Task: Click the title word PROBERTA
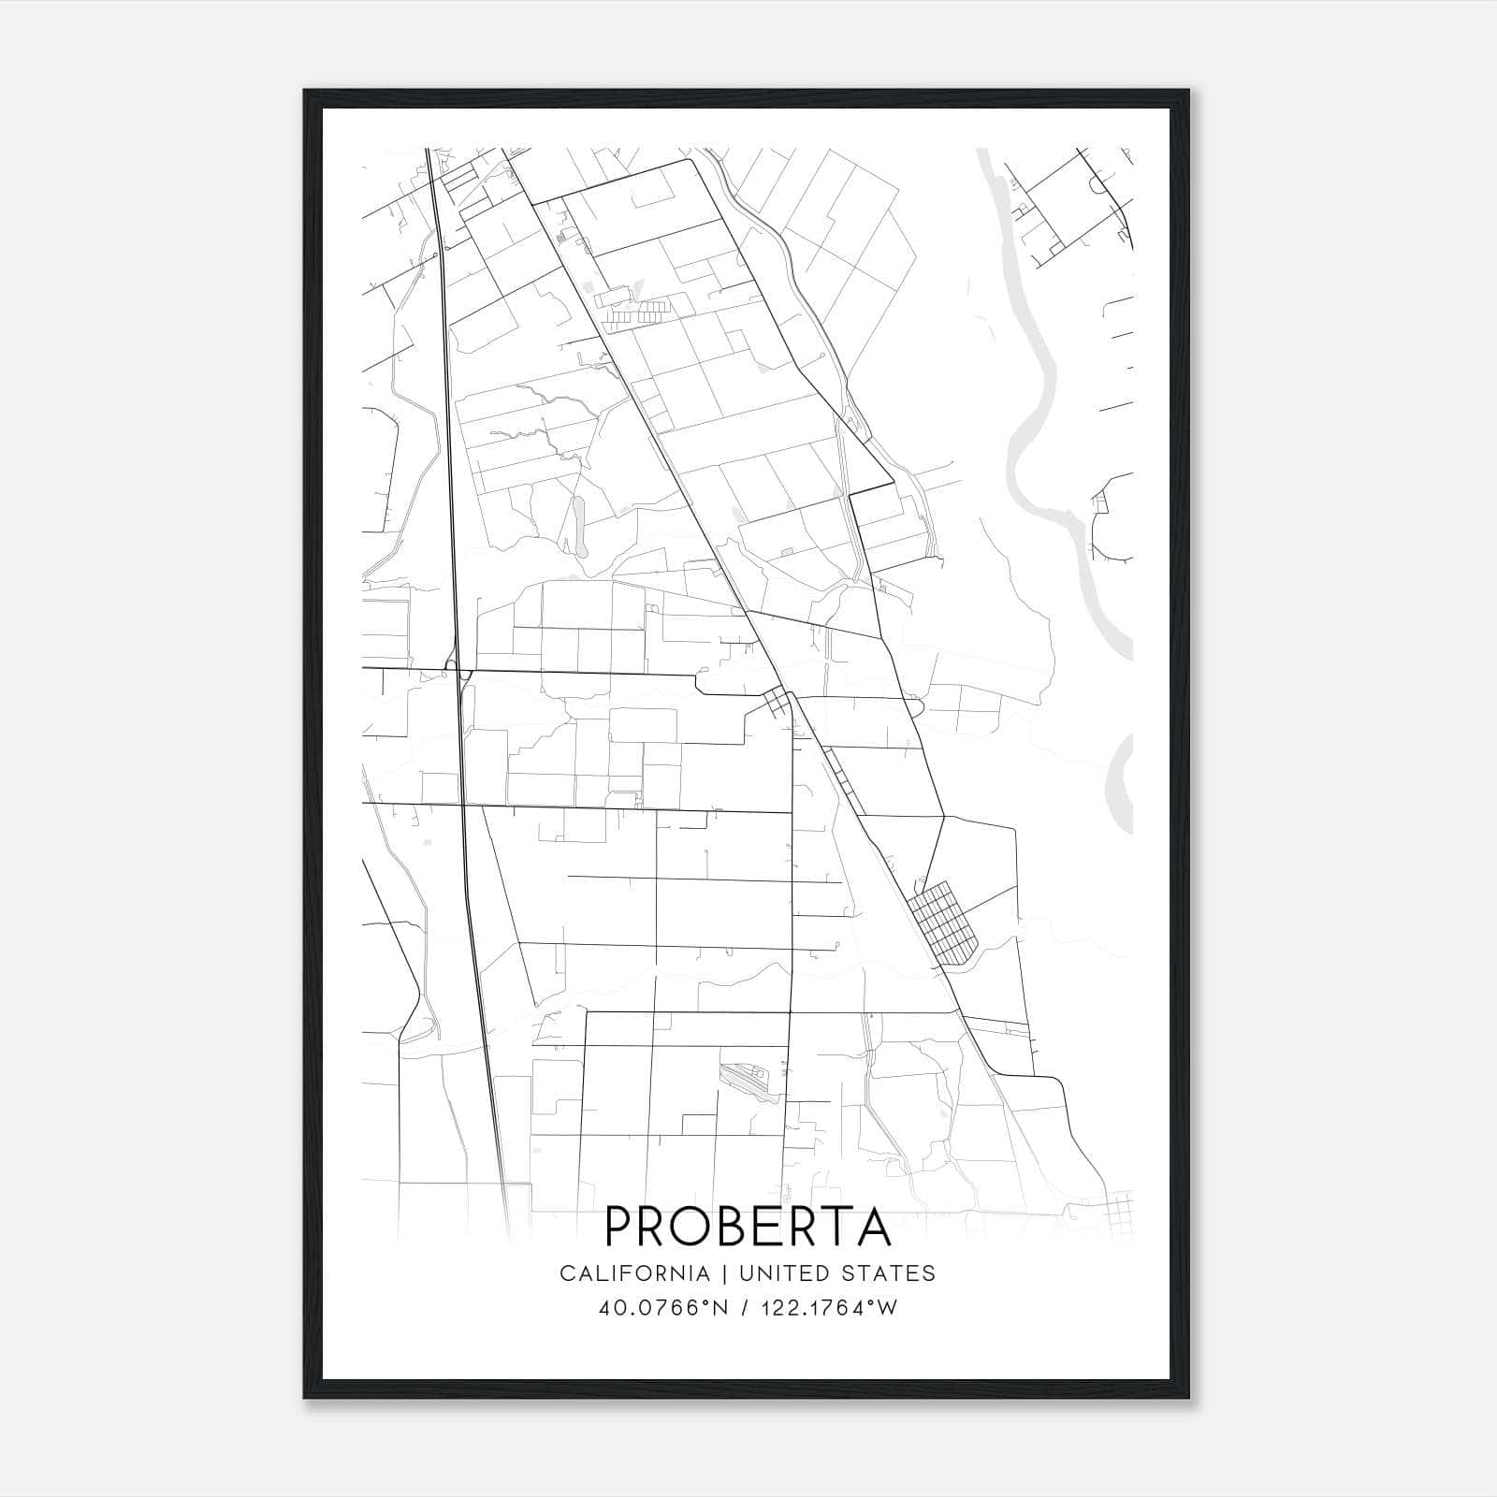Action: [748, 1226]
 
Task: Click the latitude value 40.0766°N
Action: [662, 1308]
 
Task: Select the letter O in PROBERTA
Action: [700, 1226]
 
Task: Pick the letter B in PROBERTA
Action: [745, 1226]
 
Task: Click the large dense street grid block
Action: [944, 923]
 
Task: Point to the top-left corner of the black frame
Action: [305, 92]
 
